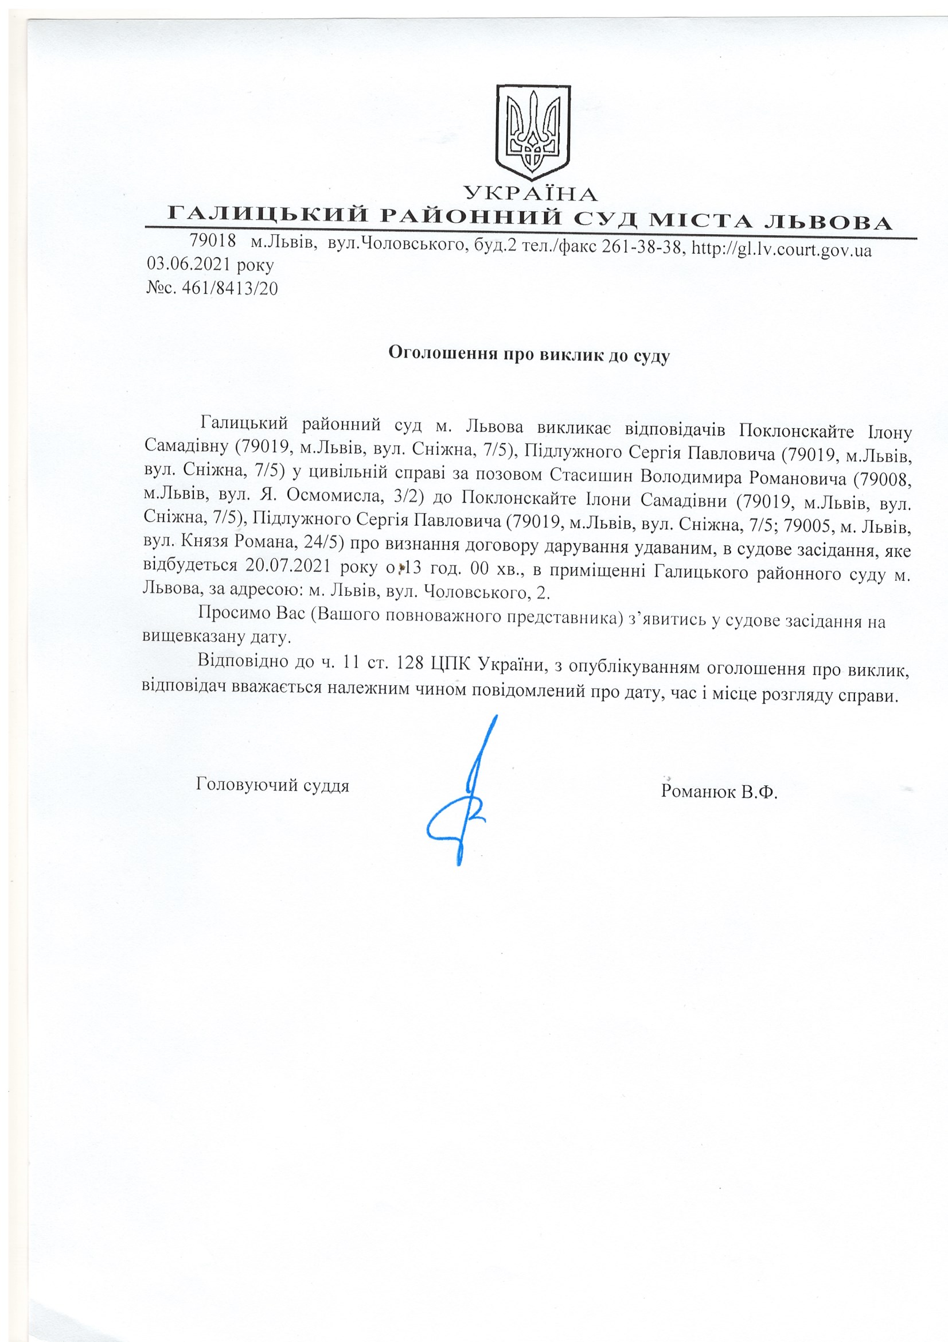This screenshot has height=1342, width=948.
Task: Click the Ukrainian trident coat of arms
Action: click(x=532, y=133)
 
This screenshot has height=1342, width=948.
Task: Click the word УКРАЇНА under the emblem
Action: click(x=531, y=193)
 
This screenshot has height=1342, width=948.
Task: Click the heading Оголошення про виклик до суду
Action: click(x=529, y=354)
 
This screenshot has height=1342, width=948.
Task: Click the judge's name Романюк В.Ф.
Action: click(x=720, y=793)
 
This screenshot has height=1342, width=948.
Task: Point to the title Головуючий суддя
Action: click(x=273, y=785)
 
